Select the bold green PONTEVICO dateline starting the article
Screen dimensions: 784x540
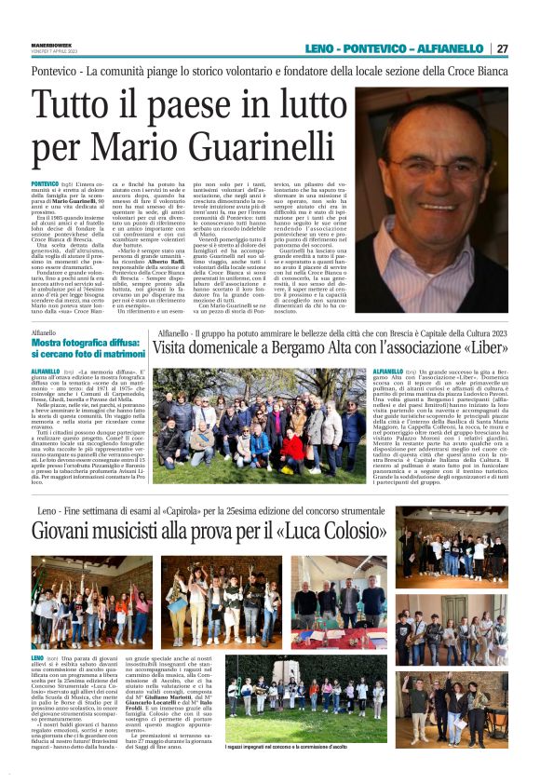[x=45, y=185]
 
